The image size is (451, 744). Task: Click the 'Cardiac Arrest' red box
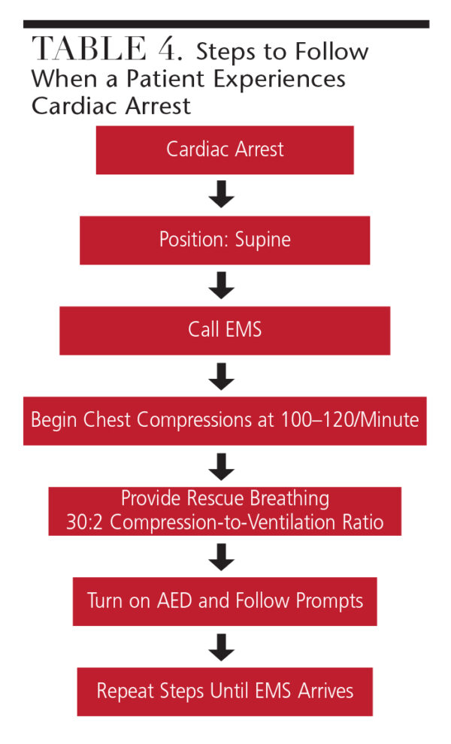coord(225,149)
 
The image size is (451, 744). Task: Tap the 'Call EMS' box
coord(225,329)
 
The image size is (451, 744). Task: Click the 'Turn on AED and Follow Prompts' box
coord(225,600)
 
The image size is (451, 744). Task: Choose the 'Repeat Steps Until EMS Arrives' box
coord(225,691)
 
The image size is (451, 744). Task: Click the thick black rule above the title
coord(225,24)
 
